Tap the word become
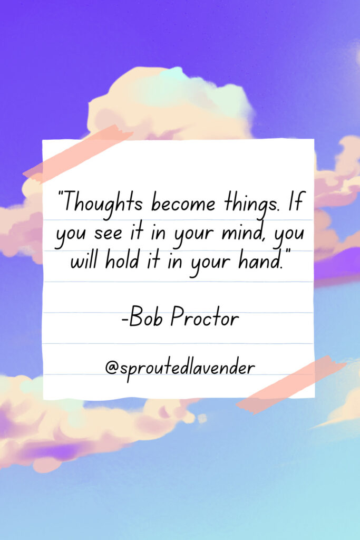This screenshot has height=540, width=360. pos(183,203)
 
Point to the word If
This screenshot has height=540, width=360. pos(295,202)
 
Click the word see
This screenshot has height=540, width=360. pos(108,234)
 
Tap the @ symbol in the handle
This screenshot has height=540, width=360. pos(112,368)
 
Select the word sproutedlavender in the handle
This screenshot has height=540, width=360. pos(188,369)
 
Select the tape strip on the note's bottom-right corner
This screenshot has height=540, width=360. pos(291,384)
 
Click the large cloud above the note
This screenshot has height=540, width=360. pos(170,103)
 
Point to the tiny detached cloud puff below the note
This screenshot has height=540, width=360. pos(202,418)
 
